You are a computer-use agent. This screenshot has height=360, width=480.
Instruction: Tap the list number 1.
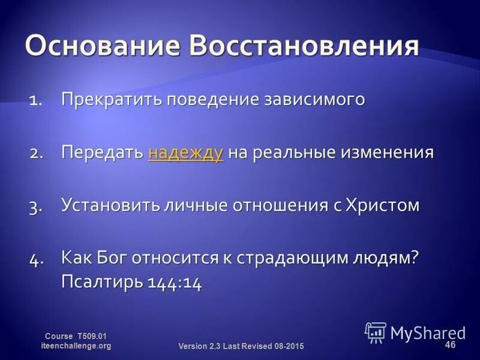pos(36,100)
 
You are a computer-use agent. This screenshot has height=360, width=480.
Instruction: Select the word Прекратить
pos(113,99)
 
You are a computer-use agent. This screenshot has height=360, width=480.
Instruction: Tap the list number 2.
pos(37,153)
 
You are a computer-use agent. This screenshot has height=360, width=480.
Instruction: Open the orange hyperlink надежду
pos(185,152)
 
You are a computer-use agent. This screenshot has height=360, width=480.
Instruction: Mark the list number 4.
pos(37,259)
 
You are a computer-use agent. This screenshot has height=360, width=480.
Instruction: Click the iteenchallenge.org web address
pos(76,346)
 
